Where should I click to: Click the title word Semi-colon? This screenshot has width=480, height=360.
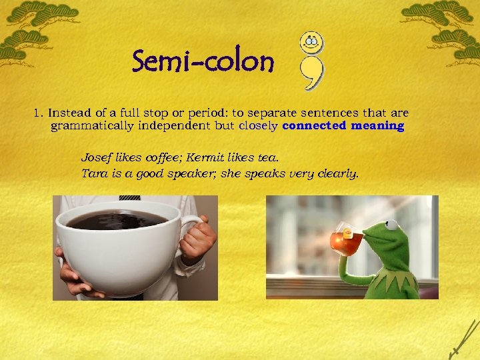click(203, 63)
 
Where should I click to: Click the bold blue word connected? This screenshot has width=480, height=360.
click(315, 125)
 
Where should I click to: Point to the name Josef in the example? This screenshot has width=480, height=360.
click(95, 157)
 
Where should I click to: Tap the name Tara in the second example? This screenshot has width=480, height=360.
click(93, 173)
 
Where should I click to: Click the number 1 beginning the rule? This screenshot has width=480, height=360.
click(37, 113)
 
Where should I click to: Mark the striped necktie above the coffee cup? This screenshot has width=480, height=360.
click(130, 198)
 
